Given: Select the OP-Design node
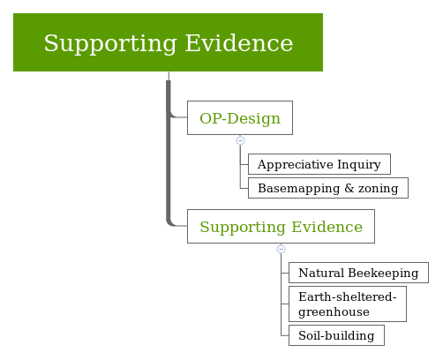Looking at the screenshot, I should click(x=239, y=118).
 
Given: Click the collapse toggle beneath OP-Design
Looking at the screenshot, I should click(x=240, y=140).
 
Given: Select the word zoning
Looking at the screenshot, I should click(x=379, y=188).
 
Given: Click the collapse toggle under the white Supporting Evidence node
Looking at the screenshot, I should click(x=281, y=249).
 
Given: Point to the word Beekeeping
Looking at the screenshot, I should click(x=383, y=274).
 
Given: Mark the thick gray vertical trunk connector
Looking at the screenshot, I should click(x=168, y=150).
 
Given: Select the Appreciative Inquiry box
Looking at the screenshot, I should click(x=319, y=165).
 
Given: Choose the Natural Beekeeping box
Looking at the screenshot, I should click(x=357, y=274).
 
